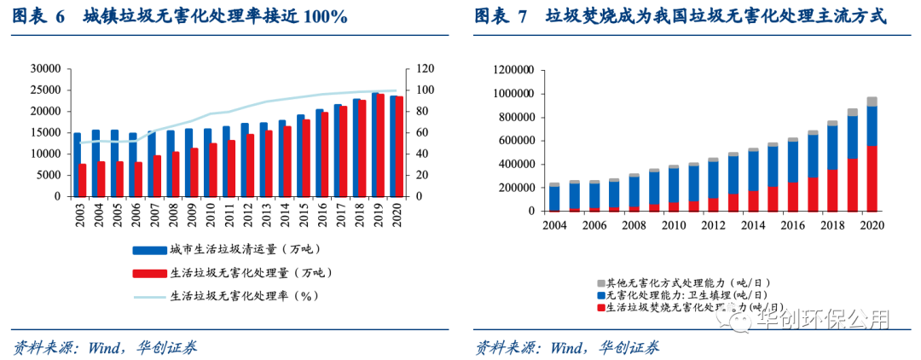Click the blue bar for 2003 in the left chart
coord(77,165)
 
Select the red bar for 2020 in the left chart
coord(399,147)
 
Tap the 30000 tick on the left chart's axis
coord(45,68)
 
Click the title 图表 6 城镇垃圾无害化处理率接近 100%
coord(179,16)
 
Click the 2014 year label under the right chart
coord(753,226)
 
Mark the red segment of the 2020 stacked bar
coord(872,178)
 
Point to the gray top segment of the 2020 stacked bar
coord(872,102)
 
